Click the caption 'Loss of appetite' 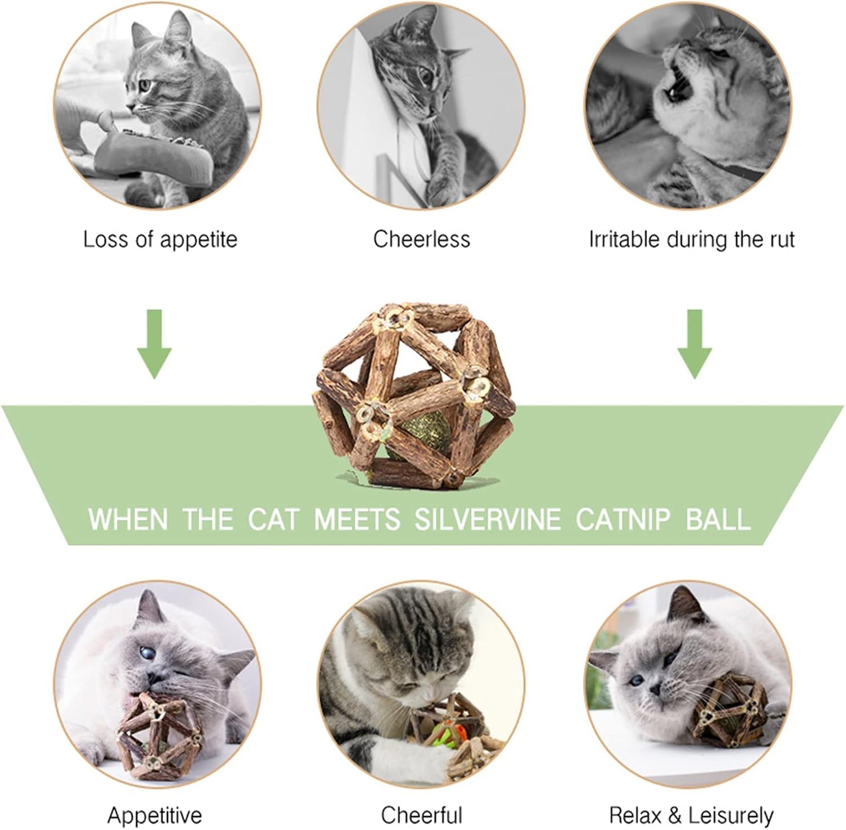click(160, 240)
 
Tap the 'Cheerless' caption click(422, 240)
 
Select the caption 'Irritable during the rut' click(691, 240)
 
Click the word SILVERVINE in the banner click(487, 520)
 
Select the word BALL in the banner click(718, 520)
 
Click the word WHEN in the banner click(128, 520)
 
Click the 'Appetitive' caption click(155, 815)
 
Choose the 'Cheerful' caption click(422, 815)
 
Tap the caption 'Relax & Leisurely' click(691, 815)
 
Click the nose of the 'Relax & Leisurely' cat click(655, 690)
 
